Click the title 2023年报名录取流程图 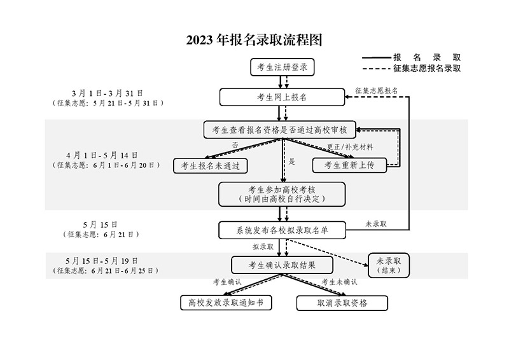click(254, 39)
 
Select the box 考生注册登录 click(282, 68)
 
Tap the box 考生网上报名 click(282, 97)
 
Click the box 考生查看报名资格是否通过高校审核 click(281, 130)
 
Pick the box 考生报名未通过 click(211, 165)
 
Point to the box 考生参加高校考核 click(282, 194)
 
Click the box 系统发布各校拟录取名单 click(282, 229)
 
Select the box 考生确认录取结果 click(282, 264)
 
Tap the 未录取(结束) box click(389, 264)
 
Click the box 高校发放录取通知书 click(227, 303)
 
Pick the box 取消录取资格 click(342, 303)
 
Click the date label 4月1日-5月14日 click(102, 155)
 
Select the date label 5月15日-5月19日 click(102, 261)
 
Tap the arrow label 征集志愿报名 click(377, 90)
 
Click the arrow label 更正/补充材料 click(350, 147)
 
